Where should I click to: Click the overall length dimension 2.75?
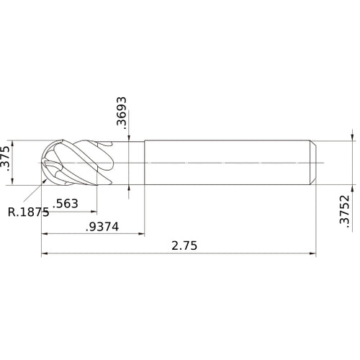184,246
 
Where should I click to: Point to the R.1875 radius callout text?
28,212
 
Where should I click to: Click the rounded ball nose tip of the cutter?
44,163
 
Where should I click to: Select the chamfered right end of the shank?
313,163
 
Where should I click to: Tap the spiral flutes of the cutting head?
79,163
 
